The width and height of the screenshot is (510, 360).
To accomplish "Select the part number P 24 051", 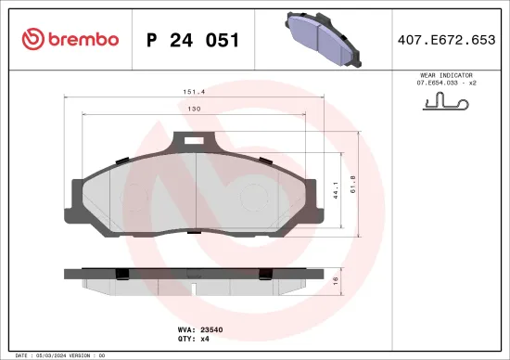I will pos(194,40).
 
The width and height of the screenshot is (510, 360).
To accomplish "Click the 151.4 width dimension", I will pos(194,92).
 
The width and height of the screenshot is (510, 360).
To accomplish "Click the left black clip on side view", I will pos(121,273).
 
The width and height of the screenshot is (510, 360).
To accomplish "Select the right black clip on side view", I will pos(264,273).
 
